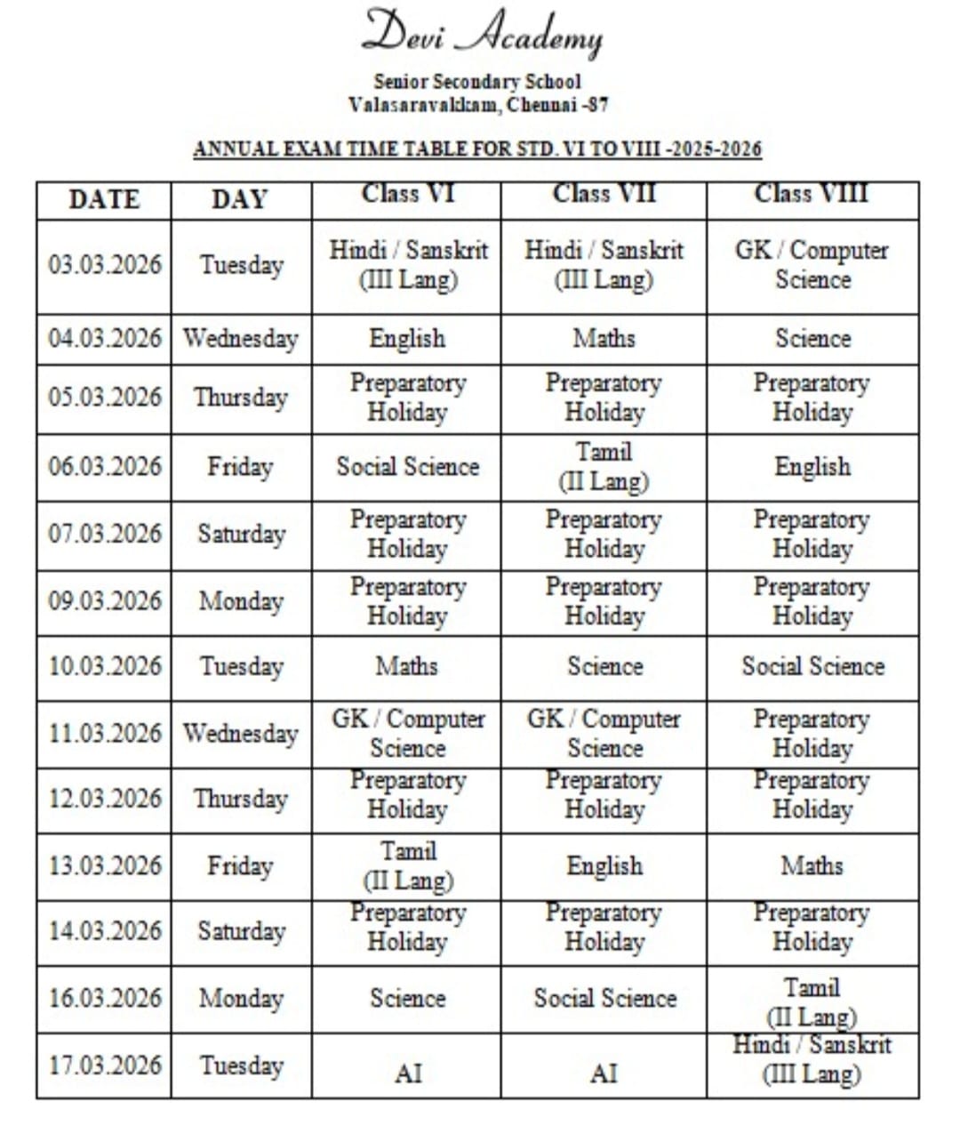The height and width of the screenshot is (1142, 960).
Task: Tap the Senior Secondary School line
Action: (477, 82)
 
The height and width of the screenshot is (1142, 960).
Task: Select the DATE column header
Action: (104, 199)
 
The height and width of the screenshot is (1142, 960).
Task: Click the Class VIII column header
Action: (812, 194)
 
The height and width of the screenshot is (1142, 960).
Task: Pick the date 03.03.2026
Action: (105, 265)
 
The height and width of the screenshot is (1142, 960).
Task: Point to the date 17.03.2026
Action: (105, 1065)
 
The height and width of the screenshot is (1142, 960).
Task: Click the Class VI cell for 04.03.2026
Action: (407, 339)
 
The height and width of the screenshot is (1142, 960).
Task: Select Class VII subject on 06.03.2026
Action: (604, 466)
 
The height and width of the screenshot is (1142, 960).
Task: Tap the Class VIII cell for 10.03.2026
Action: (812, 666)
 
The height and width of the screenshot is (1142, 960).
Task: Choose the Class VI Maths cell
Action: (407, 666)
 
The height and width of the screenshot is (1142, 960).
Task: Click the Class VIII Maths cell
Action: (812, 865)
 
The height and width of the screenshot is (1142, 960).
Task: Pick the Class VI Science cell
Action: (407, 998)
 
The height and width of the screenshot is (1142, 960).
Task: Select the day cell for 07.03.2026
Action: (241, 534)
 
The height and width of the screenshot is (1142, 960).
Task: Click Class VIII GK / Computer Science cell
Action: (812, 265)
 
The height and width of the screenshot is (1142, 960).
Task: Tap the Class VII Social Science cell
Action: (604, 998)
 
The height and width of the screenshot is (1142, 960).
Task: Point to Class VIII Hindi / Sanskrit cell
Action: (812, 1059)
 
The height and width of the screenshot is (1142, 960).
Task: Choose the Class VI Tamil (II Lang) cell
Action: (407, 865)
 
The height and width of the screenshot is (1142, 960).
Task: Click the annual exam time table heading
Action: (477, 149)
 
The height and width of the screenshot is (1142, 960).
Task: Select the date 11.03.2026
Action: (105, 734)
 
